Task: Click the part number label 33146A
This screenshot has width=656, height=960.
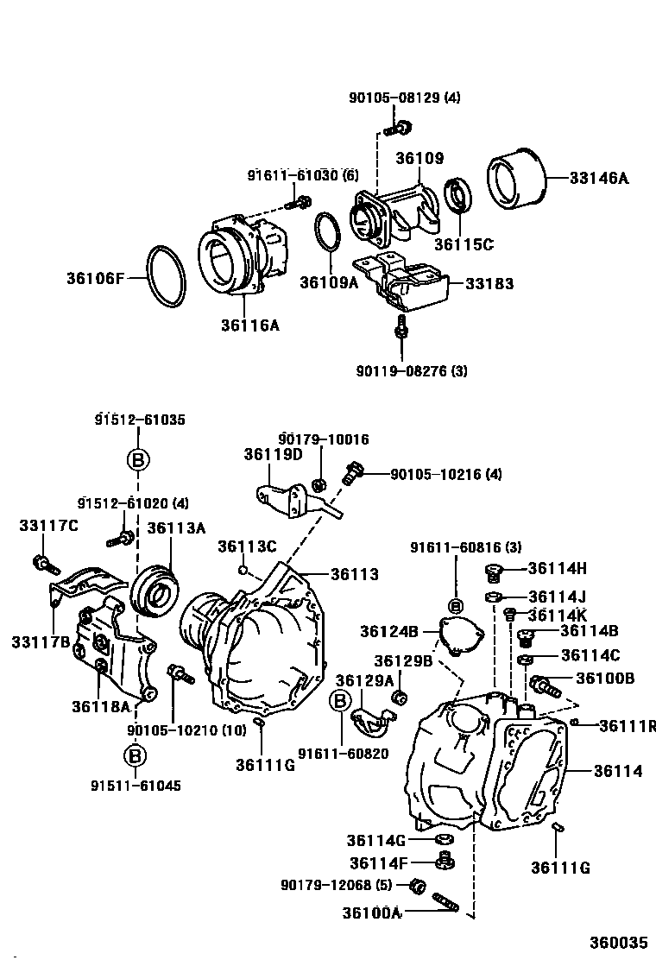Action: point(599,179)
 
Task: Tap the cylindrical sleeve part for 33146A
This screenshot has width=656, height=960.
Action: point(519,180)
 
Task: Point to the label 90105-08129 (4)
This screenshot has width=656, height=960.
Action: point(404,98)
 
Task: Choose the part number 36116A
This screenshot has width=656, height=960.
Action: point(249,325)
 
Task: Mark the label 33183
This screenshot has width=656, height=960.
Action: point(489,283)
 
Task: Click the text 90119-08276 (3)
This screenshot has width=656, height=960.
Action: point(411,371)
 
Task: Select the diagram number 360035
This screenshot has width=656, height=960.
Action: point(618,941)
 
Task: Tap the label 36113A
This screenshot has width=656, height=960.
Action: point(175,527)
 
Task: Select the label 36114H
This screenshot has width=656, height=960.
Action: point(557,568)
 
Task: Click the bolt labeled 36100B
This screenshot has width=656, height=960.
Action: point(546,686)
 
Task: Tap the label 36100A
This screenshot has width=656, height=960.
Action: point(372,913)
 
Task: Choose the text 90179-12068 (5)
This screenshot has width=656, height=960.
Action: point(336,886)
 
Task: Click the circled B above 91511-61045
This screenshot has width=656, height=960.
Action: point(136,756)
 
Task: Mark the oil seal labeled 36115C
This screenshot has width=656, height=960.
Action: point(457,196)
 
